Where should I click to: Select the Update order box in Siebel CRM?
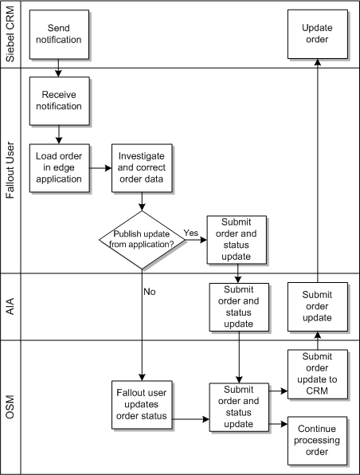point(316,33)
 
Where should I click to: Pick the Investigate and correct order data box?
point(142,168)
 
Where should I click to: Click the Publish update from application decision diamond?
point(142,240)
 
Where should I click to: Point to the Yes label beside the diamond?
point(191,234)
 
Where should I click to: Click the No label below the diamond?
point(150,291)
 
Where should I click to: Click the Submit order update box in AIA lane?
point(316,306)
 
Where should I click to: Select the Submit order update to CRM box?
point(316,372)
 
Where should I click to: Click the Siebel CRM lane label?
point(11,33)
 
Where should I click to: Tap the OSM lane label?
point(11,406)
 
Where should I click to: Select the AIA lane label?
point(11,306)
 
